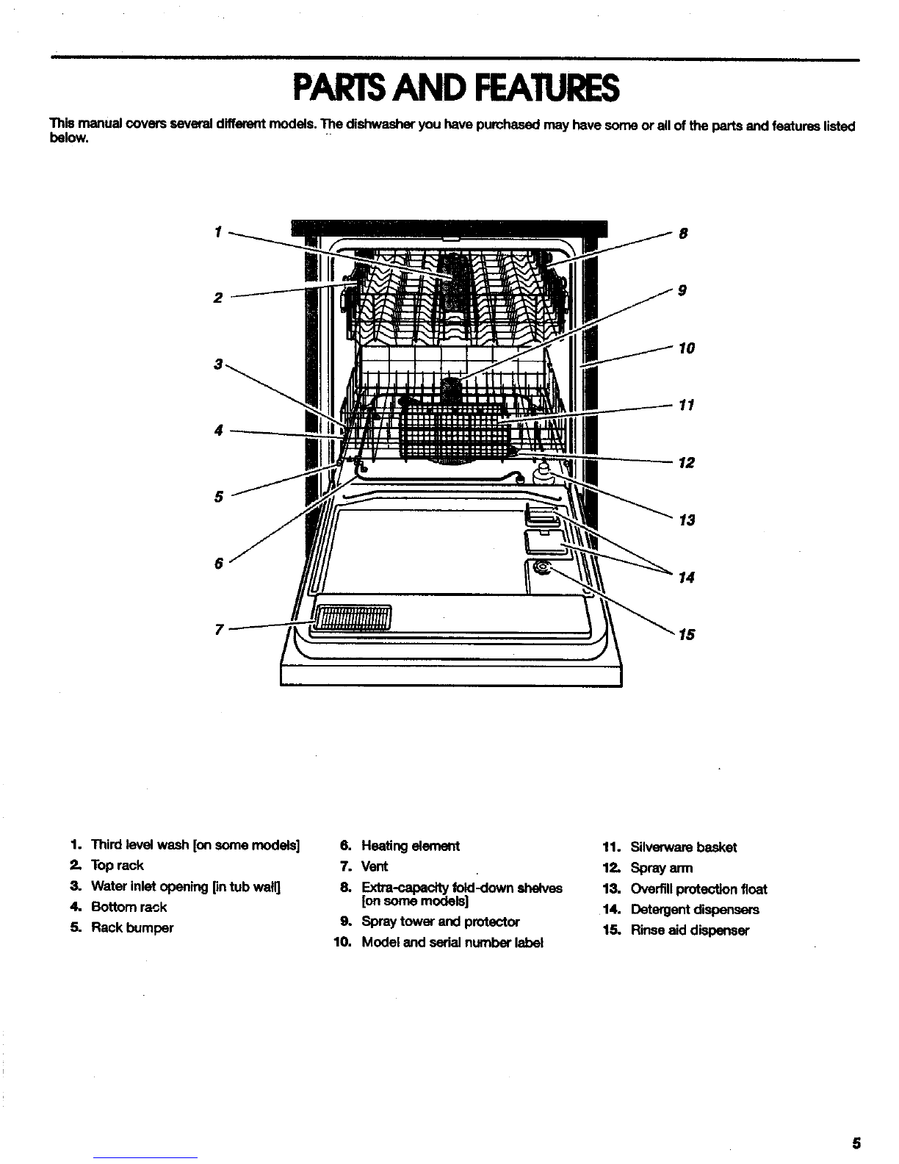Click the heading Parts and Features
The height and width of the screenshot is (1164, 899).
click(455, 89)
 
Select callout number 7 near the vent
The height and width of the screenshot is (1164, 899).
click(217, 629)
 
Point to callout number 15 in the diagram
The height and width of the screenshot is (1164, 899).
click(686, 635)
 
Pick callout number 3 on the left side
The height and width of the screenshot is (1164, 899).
click(217, 364)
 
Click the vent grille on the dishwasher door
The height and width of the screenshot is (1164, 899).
click(353, 618)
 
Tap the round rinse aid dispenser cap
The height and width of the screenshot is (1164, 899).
click(542, 567)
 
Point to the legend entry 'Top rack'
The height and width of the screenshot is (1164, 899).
click(117, 866)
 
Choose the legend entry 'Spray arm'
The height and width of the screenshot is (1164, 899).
click(661, 868)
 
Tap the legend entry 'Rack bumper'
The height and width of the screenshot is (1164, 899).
click(132, 927)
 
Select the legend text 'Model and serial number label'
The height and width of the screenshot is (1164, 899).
click(452, 942)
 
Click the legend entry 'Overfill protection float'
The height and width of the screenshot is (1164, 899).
click(698, 888)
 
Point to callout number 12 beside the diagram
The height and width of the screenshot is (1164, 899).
click(686, 463)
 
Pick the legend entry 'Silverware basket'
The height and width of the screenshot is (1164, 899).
click(683, 847)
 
